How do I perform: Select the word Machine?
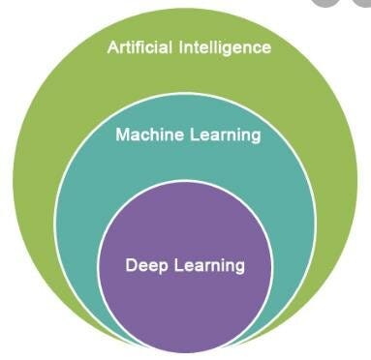tap(146, 135)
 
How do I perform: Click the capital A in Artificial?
tap(113, 46)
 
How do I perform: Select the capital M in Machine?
tap(122, 135)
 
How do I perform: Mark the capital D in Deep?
tap(131, 263)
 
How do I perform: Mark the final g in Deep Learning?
tap(238, 266)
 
